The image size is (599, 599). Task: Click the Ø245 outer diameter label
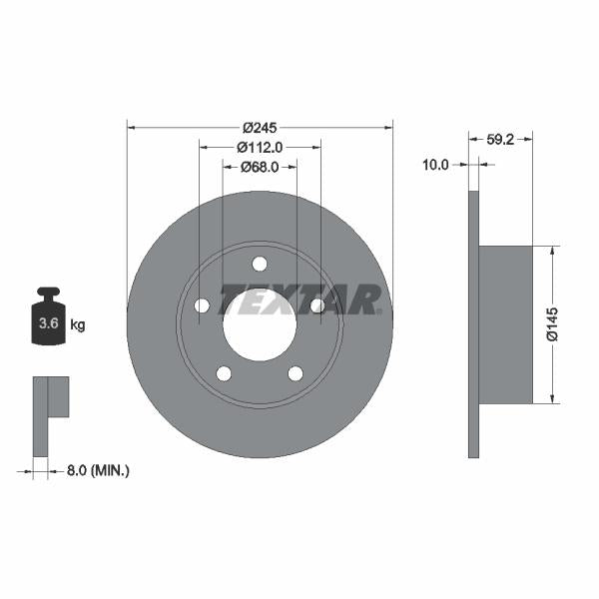click(260, 127)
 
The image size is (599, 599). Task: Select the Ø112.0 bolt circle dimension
click(260, 147)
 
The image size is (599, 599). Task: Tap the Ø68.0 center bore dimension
click(260, 167)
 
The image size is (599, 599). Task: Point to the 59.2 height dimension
click(500, 140)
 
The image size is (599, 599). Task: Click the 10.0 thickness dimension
click(435, 166)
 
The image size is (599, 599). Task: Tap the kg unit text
click(77, 324)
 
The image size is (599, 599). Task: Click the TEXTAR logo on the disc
click(299, 299)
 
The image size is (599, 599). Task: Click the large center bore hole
click(260, 324)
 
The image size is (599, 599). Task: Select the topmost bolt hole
click(260, 264)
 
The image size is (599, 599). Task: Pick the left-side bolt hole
click(202, 305)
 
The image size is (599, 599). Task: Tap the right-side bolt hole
click(317, 305)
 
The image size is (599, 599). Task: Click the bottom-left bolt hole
click(224, 373)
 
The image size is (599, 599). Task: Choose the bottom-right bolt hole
click(296, 373)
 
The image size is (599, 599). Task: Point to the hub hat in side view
click(506, 324)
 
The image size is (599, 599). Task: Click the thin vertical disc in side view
click(473, 324)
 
